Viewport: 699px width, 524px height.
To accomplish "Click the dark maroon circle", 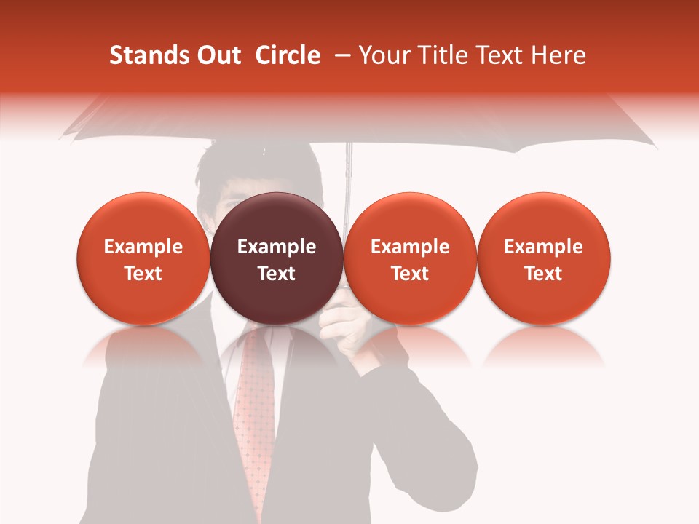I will click(276, 258).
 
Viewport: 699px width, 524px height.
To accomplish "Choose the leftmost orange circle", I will click(143, 258).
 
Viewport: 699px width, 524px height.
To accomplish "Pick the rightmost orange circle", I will click(543, 258).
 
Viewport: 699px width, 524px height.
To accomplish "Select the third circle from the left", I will click(410, 258).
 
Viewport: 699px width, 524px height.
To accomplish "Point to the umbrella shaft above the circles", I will click(349, 171).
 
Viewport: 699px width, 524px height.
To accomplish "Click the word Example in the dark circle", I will click(277, 247).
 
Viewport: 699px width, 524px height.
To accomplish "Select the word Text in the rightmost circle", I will click(543, 274).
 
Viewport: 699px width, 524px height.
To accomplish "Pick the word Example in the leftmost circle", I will click(143, 247).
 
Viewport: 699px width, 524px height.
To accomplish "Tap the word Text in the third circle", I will click(410, 274).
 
